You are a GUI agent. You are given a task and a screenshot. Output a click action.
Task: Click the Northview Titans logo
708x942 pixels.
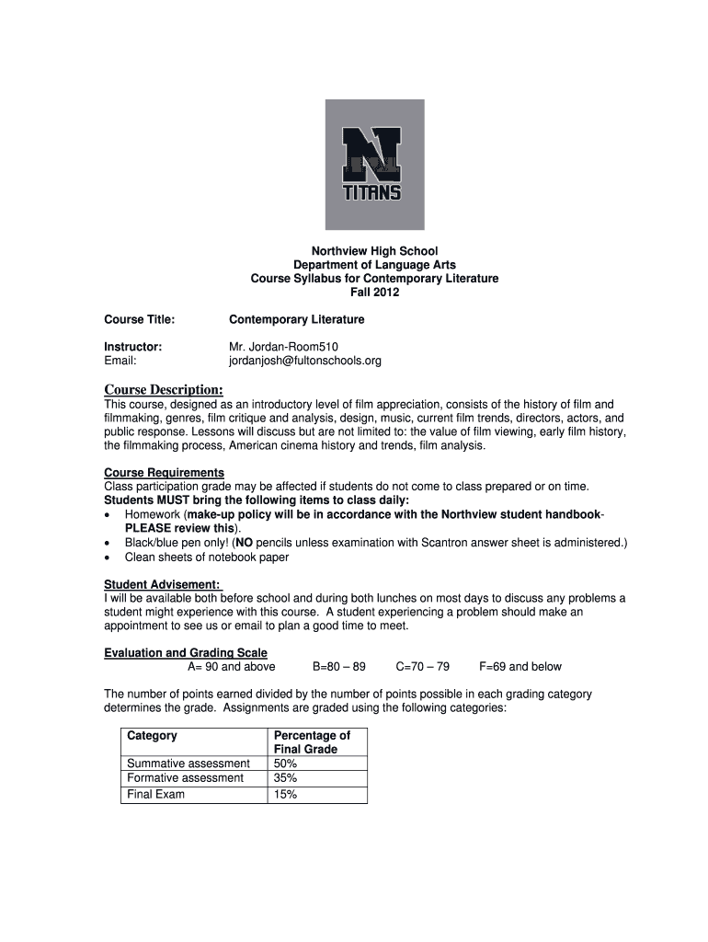tap(374, 164)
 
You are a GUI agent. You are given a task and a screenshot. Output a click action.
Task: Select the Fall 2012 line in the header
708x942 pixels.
tap(374, 293)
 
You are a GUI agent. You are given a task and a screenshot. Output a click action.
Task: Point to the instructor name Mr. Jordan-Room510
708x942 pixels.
tap(277, 347)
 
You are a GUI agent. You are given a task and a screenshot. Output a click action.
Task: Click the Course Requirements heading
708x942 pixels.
tap(164, 473)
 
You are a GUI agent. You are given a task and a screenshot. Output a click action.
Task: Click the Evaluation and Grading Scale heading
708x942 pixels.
tap(186, 653)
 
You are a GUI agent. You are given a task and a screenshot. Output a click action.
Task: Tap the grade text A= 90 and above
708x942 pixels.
tap(231, 667)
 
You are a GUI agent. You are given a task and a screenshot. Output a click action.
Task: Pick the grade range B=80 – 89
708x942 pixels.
tap(339, 667)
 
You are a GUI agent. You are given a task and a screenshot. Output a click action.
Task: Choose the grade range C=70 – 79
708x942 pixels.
tap(422, 667)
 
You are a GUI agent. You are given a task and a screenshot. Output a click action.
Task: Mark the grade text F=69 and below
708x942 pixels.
tap(520, 667)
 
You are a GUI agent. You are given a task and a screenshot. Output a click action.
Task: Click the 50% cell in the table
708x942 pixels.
tap(286, 764)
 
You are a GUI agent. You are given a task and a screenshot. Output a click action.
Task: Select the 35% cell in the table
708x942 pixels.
tap(286, 778)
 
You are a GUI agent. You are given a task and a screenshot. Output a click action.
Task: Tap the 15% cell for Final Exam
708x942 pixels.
tap(286, 795)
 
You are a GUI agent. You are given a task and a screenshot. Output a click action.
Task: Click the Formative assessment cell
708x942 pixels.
tap(186, 778)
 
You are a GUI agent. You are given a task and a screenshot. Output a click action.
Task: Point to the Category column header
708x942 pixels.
tap(152, 736)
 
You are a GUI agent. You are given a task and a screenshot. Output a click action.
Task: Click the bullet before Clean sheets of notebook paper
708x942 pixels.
tap(108, 557)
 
